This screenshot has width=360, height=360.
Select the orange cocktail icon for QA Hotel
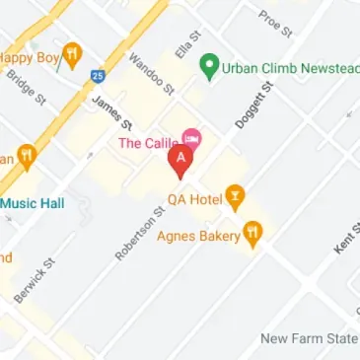[x=234, y=197]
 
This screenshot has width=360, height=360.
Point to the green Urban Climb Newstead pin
[x=209, y=67]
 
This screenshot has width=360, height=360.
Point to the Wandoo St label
[x=151, y=75]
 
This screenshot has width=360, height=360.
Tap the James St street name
[x=111, y=112]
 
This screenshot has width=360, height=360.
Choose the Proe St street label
[x=275, y=22]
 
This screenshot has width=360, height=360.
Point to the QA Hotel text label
[x=193, y=198]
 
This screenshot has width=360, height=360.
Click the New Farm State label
[x=309, y=338]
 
